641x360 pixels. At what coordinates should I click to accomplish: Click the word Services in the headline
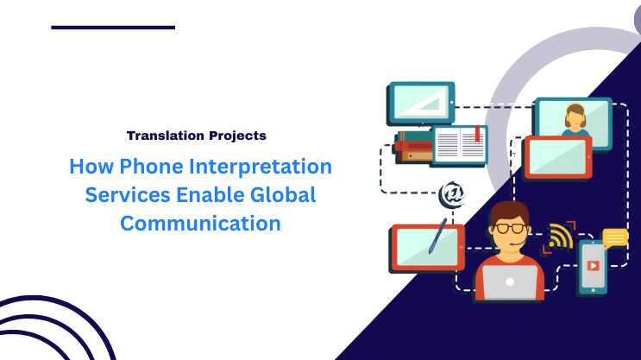point(120,194)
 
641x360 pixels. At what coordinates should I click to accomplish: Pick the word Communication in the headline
point(200,223)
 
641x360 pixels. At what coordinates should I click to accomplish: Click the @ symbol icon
point(451,193)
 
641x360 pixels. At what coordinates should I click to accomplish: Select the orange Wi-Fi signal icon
point(560,236)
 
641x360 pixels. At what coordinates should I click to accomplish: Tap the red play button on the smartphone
point(593,266)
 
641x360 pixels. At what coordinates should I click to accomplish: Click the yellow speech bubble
point(614,237)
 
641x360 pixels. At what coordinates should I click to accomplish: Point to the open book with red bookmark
point(460,145)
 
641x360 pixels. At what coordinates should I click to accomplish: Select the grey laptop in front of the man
point(509,281)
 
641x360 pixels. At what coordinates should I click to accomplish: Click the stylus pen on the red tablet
point(437,236)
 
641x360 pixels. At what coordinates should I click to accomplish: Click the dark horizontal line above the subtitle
point(113,28)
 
